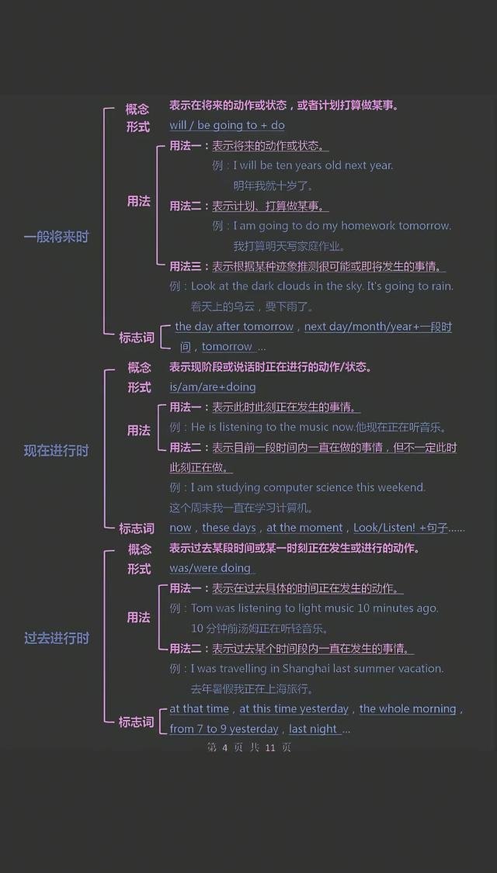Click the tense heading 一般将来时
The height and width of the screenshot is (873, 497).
[x=56, y=237]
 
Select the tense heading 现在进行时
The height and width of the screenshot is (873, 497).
[x=56, y=450]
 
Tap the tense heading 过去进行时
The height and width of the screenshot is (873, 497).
[x=56, y=638]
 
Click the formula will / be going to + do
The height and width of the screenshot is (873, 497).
[x=227, y=125]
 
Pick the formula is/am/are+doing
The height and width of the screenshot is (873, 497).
[x=212, y=386]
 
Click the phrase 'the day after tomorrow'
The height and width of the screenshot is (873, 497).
[x=234, y=327]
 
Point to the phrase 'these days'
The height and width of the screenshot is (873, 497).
[x=228, y=528]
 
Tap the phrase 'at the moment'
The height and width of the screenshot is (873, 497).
[x=304, y=528]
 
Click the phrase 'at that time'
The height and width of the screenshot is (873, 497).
[x=199, y=708]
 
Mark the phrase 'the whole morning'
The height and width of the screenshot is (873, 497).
[x=407, y=708]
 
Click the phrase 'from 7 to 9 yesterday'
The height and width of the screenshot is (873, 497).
[x=224, y=729]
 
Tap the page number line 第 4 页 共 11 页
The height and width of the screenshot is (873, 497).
[x=248, y=747]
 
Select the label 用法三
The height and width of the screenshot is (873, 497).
[x=186, y=266]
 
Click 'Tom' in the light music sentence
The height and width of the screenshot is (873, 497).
[x=201, y=608]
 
